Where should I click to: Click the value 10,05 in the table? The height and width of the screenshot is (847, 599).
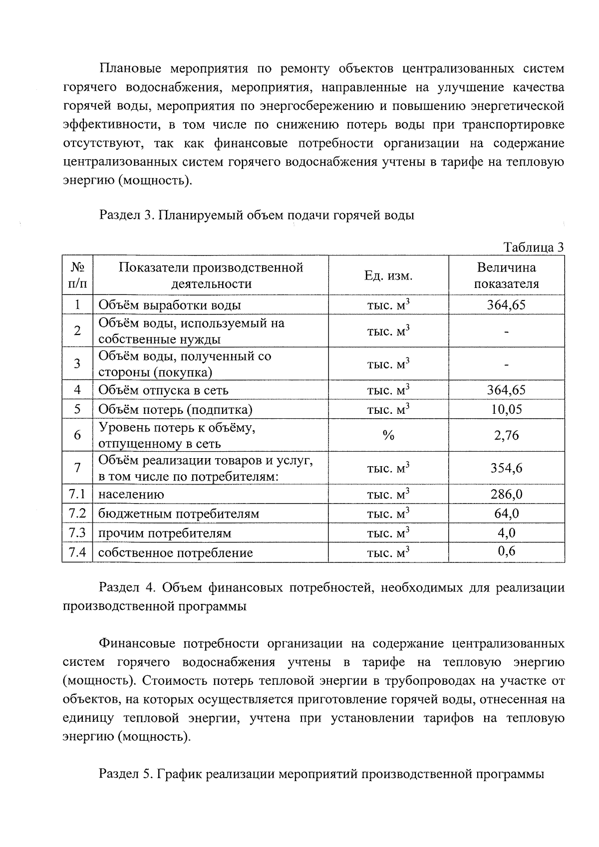coord(506,409)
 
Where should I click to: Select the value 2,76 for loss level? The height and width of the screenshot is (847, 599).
coord(506,435)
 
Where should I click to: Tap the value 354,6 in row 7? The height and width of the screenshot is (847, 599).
coord(506,468)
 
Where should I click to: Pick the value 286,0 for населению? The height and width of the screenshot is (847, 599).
coord(506,494)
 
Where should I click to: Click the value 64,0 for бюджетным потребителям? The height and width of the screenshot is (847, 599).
coord(506,514)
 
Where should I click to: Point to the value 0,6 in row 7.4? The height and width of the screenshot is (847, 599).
coord(506,551)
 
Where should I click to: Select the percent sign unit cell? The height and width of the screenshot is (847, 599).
coord(388,436)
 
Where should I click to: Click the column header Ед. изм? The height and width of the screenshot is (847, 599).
coord(388,276)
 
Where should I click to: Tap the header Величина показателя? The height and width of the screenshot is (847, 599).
coord(506,276)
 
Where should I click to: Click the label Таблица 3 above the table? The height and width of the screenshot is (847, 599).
coord(534,248)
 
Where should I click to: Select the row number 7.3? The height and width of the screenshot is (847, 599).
coord(77,533)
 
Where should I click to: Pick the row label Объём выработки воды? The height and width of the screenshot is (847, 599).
coord(170,305)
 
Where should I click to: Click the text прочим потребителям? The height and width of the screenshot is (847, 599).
coord(165,533)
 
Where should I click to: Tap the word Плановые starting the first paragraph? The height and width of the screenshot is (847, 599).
coord(131,68)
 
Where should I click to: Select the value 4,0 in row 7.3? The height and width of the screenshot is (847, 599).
coord(506,533)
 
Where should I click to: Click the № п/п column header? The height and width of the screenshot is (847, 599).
coord(77,276)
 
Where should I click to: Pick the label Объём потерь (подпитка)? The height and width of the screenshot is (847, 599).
coord(175,410)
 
